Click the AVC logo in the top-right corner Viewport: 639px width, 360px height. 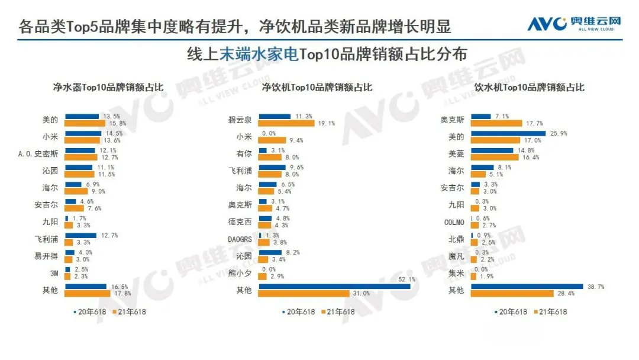click(x=574, y=24)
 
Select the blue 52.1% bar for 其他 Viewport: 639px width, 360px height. click(x=334, y=286)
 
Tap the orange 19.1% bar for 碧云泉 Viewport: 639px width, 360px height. click(x=286, y=123)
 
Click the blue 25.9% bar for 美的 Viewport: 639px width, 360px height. click(x=508, y=133)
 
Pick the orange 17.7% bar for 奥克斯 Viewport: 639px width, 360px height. click(x=496, y=123)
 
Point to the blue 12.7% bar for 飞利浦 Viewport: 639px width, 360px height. click(x=81, y=235)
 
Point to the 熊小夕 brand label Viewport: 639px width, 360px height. click(x=240, y=273)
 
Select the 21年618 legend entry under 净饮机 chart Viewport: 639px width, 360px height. click(x=338, y=312)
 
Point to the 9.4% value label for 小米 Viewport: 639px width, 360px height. click(x=295, y=140)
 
